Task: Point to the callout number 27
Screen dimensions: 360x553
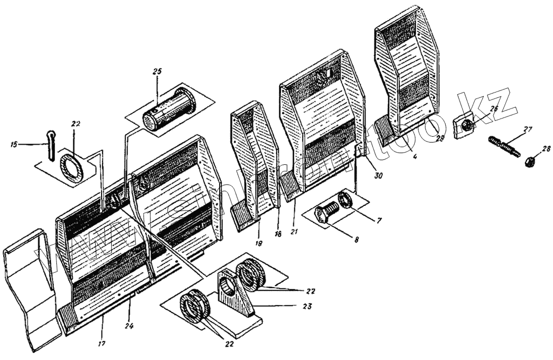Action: (526, 129)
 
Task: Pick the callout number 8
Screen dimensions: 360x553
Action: (356, 240)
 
